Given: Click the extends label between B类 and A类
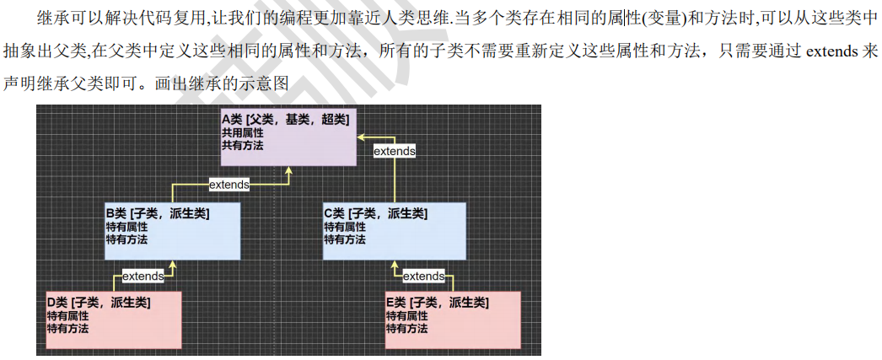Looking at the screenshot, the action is (229, 184).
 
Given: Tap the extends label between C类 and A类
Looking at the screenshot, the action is (395, 151).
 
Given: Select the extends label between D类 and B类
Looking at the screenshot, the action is (143, 276).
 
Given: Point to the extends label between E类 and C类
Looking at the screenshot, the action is (423, 276).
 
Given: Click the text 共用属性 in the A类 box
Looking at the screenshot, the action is (243, 133).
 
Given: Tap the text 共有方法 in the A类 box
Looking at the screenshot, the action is (243, 145).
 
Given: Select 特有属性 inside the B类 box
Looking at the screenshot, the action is (126, 227).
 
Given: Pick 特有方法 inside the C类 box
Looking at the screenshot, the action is (345, 239).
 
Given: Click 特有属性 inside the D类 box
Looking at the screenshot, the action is (67, 315).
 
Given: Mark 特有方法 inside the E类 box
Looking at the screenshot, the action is (406, 327).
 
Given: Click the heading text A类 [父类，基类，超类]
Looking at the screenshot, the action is (285, 120).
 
